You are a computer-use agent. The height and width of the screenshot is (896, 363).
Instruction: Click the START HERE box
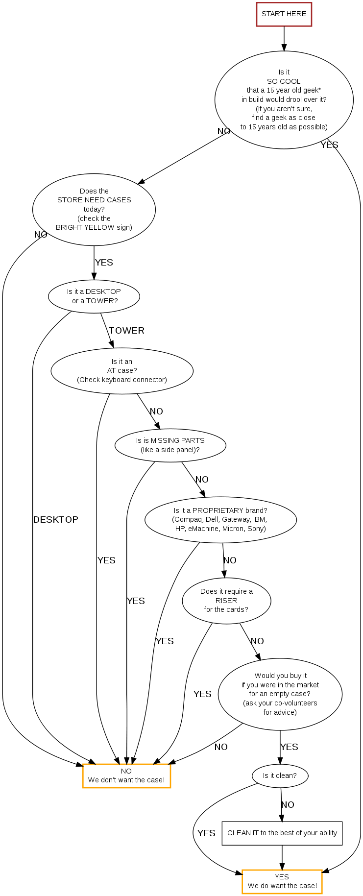284,14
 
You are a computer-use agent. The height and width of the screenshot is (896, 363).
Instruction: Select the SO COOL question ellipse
284,99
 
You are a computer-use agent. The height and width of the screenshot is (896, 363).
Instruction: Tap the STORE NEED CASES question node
94,209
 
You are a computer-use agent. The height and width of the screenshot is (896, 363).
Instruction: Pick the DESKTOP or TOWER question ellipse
94,296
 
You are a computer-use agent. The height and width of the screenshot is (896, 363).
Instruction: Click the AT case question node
122,371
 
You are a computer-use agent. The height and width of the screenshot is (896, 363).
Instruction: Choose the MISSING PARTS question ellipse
170,445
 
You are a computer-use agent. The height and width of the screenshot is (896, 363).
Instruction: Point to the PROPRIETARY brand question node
220,520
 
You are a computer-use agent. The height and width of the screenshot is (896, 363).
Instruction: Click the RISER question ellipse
226,601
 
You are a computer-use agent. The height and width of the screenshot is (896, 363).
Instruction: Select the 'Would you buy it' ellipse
280,694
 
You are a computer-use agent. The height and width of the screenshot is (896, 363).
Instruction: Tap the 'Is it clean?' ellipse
280,775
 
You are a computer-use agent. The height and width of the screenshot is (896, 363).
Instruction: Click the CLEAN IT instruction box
282,833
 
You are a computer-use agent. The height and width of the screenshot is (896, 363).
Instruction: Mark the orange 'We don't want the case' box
126,776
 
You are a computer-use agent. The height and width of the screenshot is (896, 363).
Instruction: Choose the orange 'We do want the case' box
282,882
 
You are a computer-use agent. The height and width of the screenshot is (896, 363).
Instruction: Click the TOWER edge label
126,331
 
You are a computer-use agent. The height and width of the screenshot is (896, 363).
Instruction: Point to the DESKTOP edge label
55,520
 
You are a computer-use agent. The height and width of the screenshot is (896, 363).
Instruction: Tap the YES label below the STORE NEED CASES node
104,263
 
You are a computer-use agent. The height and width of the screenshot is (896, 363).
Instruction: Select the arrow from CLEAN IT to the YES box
282,857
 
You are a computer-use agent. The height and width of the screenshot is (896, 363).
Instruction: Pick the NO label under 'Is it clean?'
288,805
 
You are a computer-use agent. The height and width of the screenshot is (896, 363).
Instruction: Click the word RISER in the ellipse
226,601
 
